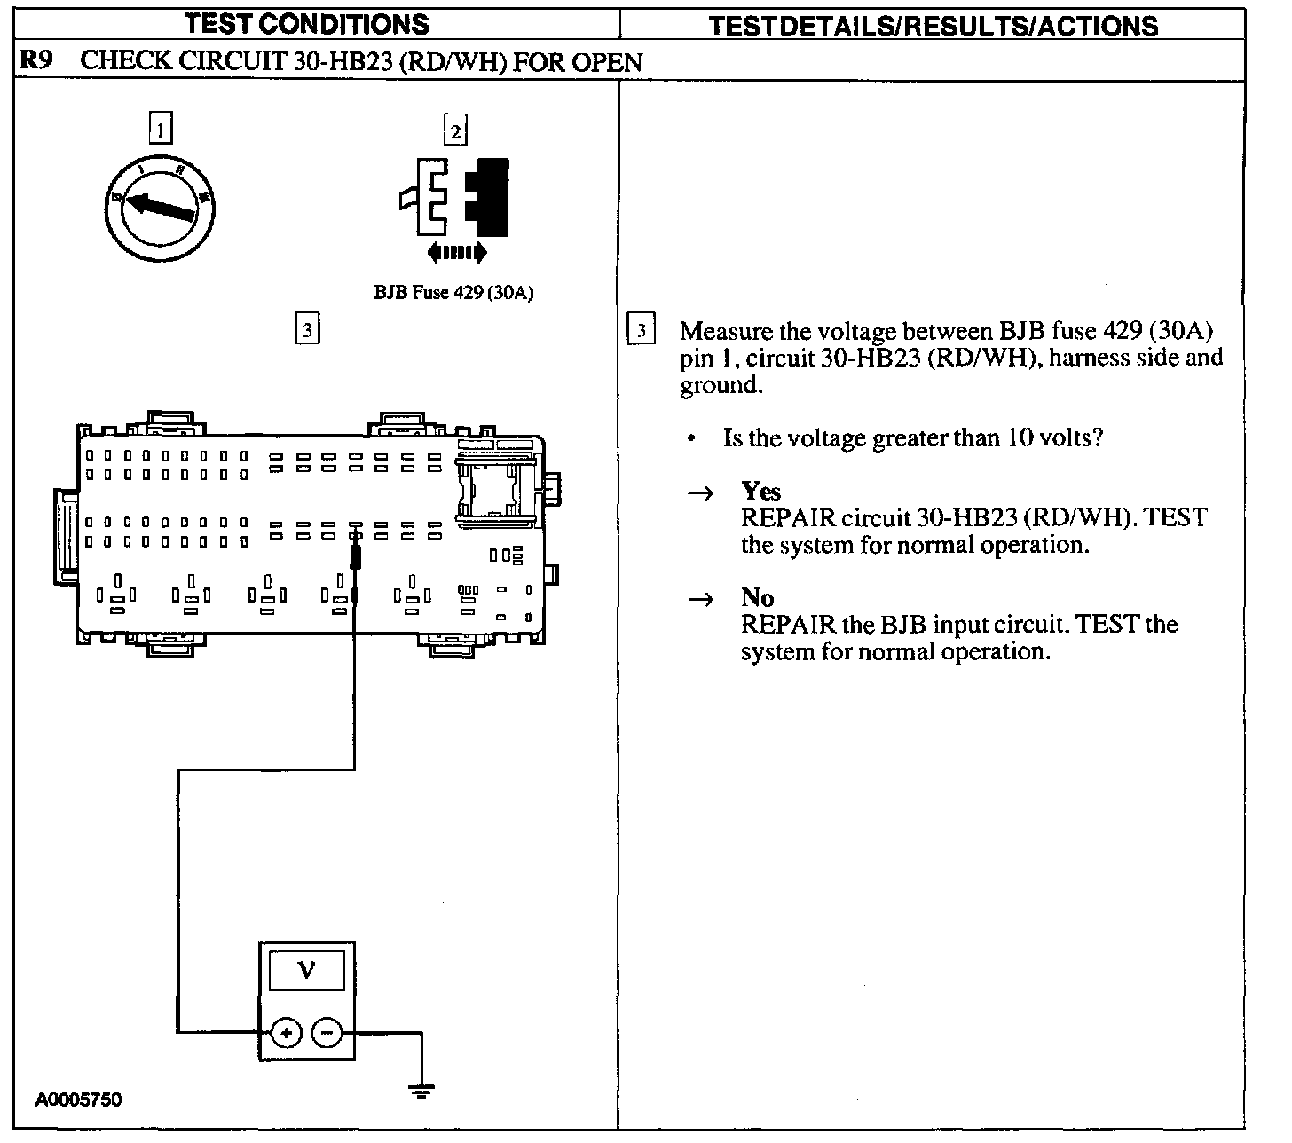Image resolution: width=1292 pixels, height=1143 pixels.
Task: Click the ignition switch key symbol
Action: tap(160, 209)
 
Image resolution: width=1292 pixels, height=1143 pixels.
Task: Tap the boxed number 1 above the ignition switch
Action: tap(160, 130)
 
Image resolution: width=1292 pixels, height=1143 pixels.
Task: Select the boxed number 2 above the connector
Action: tap(455, 131)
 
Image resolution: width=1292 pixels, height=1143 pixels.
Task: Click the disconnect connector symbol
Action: tap(455, 197)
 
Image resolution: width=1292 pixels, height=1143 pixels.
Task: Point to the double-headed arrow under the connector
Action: tap(456, 253)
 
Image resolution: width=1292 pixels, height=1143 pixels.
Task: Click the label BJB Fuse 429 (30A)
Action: tap(453, 293)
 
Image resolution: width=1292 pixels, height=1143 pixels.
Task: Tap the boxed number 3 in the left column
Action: tap(307, 329)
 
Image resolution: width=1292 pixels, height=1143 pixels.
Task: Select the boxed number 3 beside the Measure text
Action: tap(641, 329)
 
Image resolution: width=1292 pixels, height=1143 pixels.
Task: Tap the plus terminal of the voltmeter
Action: tap(286, 1032)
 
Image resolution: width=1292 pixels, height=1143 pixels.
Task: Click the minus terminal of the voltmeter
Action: tap(326, 1032)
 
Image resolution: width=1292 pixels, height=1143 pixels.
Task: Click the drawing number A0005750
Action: tap(78, 1100)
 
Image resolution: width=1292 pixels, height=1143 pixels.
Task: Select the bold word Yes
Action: tap(760, 491)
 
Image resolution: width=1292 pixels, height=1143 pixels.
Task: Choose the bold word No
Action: tap(757, 597)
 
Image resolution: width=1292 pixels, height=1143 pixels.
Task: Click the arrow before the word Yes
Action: tap(701, 493)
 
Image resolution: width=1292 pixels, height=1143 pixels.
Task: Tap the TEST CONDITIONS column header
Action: tap(306, 24)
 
